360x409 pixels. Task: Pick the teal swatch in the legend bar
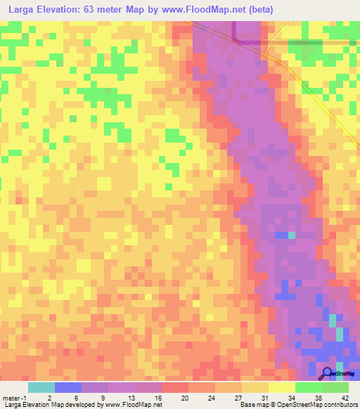(x=41, y=387)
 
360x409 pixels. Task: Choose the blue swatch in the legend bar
(x=68, y=387)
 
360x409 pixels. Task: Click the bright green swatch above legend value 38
(x=309, y=387)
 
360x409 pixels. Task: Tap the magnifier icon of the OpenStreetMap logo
(x=327, y=372)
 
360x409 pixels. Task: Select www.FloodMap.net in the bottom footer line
(x=134, y=405)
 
